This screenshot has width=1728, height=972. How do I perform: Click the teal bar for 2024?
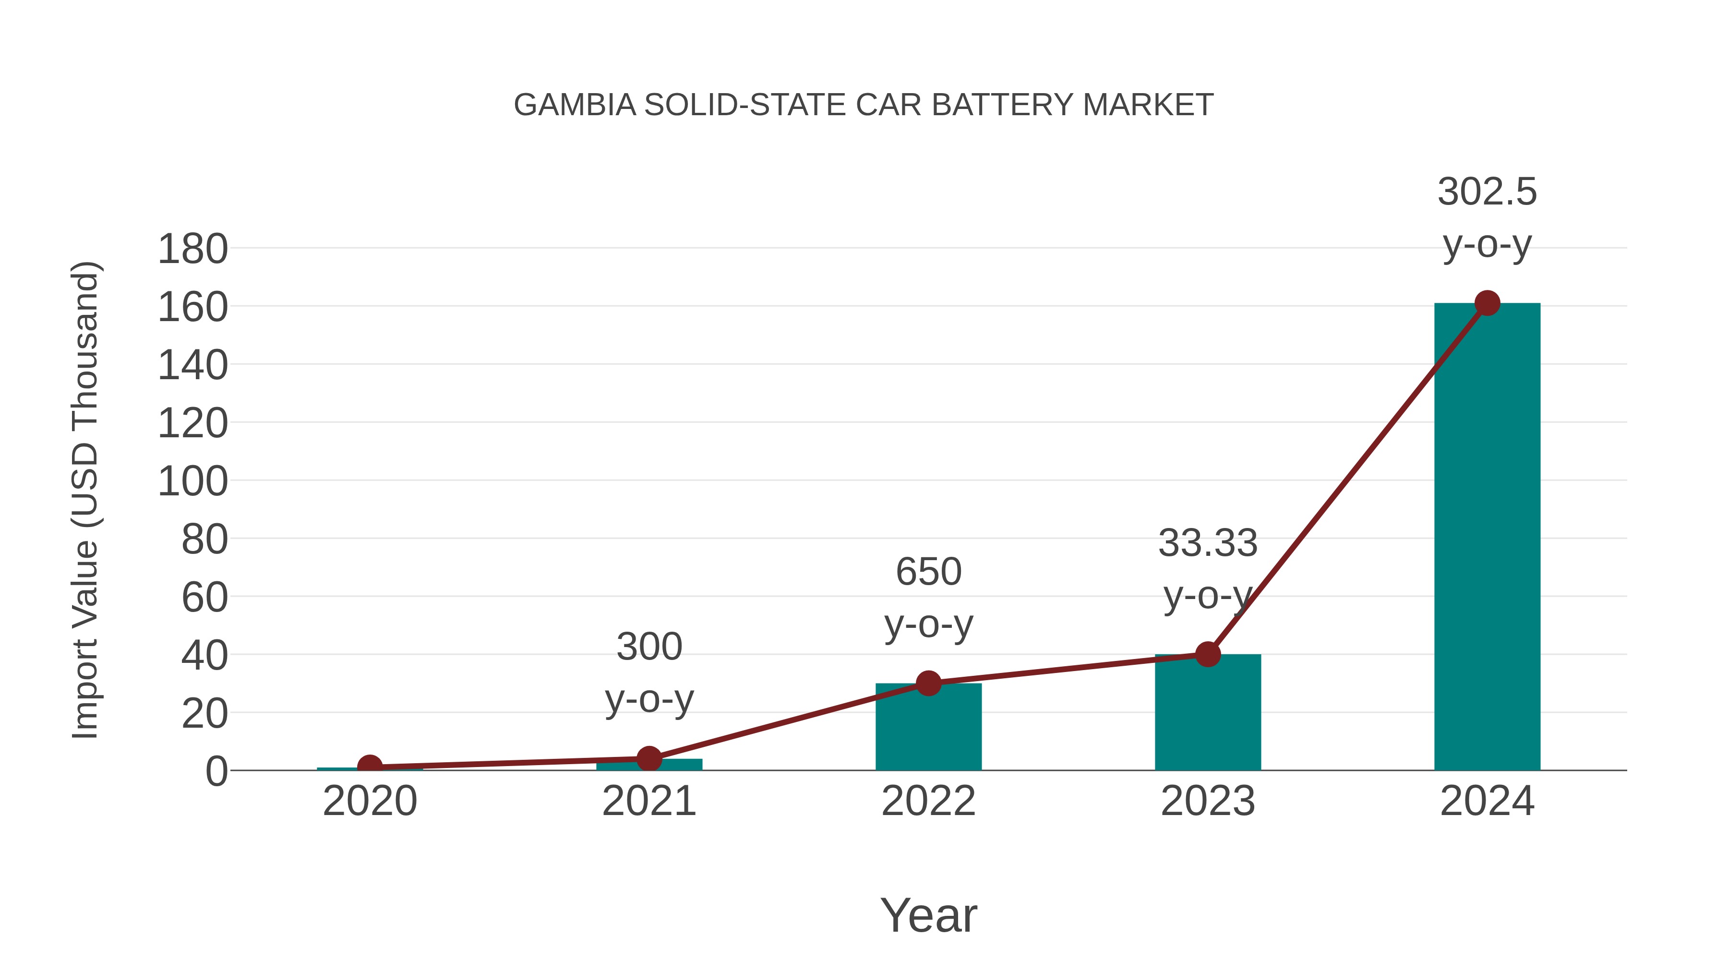(x=1487, y=537)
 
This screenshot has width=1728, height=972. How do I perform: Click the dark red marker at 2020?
(x=370, y=767)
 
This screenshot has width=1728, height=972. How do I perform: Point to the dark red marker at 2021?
(x=648, y=759)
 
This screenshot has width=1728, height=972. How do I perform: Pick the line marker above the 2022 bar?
(x=928, y=684)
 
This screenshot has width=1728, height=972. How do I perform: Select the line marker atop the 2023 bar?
(x=1208, y=654)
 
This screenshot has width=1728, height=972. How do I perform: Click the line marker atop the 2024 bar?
(x=1487, y=303)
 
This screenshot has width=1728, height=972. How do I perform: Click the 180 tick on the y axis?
(x=192, y=250)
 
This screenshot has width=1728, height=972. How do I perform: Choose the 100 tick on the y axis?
(x=192, y=481)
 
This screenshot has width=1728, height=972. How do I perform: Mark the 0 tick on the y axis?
(x=216, y=771)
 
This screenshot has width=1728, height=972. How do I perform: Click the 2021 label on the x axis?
(x=648, y=801)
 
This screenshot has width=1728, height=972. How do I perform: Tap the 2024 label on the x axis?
(x=1487, y=801)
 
